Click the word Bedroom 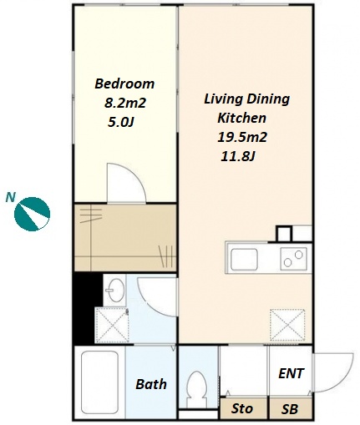124,83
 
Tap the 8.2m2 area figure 125,104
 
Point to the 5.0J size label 121,122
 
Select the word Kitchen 241,118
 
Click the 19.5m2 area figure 242,137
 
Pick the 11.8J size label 238,156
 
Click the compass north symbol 32,214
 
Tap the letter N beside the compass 10,197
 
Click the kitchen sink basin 244,260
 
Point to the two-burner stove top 293,259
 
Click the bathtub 99,384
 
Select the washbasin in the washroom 114,291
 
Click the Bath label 151,384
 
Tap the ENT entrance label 291,373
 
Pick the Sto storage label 242,409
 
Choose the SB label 290,409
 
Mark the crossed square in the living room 287,325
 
